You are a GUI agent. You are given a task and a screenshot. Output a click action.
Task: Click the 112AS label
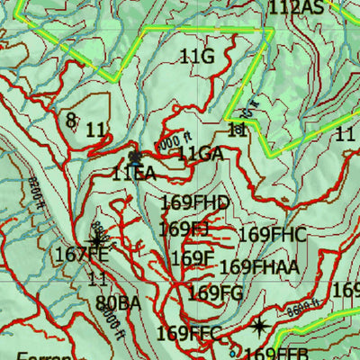[296, 8]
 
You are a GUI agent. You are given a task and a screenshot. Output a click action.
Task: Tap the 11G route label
[197, 57]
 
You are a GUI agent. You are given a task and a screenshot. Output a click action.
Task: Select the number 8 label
[71, 119]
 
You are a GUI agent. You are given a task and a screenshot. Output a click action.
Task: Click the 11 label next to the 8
[96, 130]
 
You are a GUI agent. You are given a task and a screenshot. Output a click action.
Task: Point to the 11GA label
[200, 154]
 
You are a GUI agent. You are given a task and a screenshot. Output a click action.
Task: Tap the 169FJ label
[184, 229]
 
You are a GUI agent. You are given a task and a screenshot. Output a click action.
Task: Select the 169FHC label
[273, 235]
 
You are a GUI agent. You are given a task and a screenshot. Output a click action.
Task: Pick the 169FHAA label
[259, 266]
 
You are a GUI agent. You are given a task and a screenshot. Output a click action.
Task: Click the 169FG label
[216, 292]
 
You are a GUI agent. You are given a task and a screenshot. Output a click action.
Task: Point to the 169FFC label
[188, 333]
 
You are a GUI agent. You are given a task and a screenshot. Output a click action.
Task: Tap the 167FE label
[81, 255]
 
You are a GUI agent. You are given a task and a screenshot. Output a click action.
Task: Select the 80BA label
[118, 302]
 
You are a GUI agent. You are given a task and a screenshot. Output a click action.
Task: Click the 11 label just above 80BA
[97, 278]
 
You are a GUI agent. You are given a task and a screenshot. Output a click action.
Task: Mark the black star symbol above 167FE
[96, 239]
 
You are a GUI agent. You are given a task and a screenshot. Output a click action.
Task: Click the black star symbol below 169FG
[259, 326]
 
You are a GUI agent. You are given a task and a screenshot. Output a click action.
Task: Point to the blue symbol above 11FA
[135, 157]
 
